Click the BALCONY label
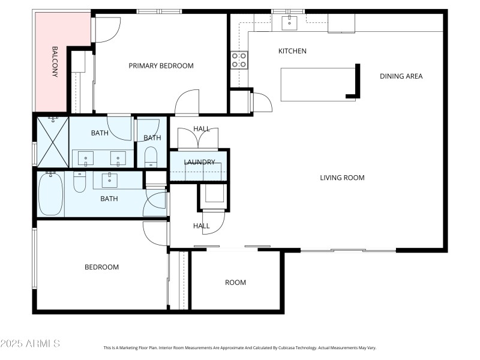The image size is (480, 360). coord(55,62)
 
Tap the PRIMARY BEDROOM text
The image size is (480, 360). coord(161,66)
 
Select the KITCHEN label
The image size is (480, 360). coord(292,51)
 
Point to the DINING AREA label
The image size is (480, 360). coord(401,76)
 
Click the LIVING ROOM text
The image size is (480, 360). coord(342,178)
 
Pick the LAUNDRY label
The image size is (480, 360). coord(199,162)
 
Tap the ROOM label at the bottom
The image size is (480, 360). coord(235,283)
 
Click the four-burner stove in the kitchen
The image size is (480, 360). coord(239,59)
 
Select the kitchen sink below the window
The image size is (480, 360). coord(289,23)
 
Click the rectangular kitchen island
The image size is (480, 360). coord(318,84)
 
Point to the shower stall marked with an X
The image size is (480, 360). coord(51,142)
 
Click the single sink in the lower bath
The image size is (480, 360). coord(110,179)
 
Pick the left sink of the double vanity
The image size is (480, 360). coord(86,159)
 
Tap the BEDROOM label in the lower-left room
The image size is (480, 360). coord(101,267)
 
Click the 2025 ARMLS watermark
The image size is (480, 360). coord(30,344)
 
